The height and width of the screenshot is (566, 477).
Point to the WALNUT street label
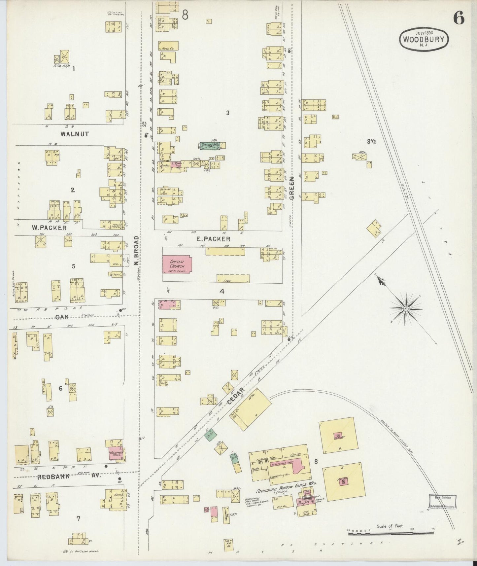[75, 134]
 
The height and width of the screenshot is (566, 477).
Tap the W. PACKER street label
[49, 228]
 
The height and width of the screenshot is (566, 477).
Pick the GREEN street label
[292, 188]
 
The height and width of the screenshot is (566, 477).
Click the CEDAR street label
[236, 396]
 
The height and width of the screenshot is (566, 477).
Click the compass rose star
[405, 308]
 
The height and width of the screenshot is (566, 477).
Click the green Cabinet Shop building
[210, 146]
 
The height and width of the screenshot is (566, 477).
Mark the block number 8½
[371, 141]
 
